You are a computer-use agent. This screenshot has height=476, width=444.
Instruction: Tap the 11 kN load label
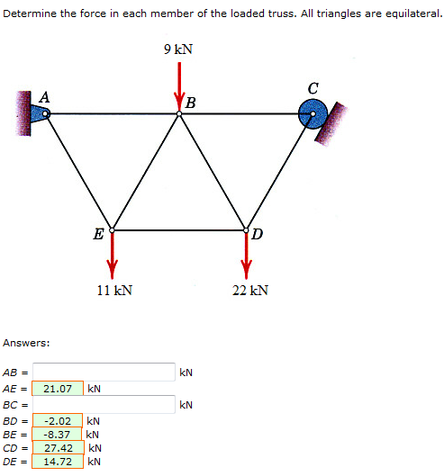[x=114, y=290]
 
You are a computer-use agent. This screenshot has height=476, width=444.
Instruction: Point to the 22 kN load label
[x=249, y=290]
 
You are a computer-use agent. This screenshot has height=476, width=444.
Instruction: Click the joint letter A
[x=44, y=95]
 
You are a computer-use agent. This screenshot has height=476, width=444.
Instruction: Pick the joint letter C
[x=313, y=88]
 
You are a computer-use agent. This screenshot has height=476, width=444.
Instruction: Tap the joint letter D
[x=258, y=236]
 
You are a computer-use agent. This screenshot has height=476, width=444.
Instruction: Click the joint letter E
[x=97, y=236]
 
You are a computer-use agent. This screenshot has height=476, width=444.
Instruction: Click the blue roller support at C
[x=313, y=113]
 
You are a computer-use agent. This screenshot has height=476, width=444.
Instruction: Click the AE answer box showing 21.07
[x=59, y=389]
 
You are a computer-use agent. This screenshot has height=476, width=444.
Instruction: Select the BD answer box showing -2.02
[x=59, y=420]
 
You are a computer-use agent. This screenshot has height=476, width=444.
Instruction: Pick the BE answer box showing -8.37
[x=59, y=434]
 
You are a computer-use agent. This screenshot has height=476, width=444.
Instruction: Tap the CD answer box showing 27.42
[x=59, y=447]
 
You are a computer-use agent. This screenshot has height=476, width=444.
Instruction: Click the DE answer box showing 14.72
[x=59, y=461]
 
